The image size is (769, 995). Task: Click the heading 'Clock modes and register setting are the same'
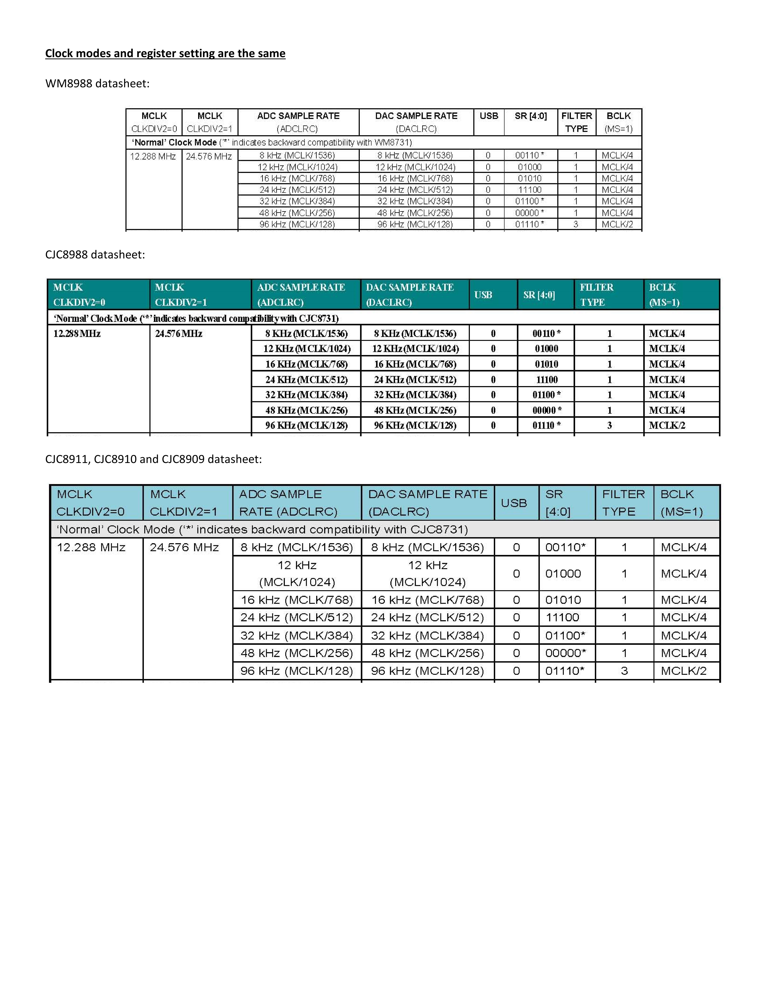[x=165, y=53]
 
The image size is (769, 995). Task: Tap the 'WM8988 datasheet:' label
[x=97, y=83]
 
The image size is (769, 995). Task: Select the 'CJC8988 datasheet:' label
[x=95, y=254]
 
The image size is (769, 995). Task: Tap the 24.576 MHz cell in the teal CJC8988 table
[x=179, y=333]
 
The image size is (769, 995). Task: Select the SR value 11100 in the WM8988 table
[x=530, y=190]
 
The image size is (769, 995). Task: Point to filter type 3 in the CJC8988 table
[x=609, y=426]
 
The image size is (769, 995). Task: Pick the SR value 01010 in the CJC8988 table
[x=546, y=364]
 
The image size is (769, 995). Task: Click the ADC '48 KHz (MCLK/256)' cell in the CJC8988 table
[x=306, y=410]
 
